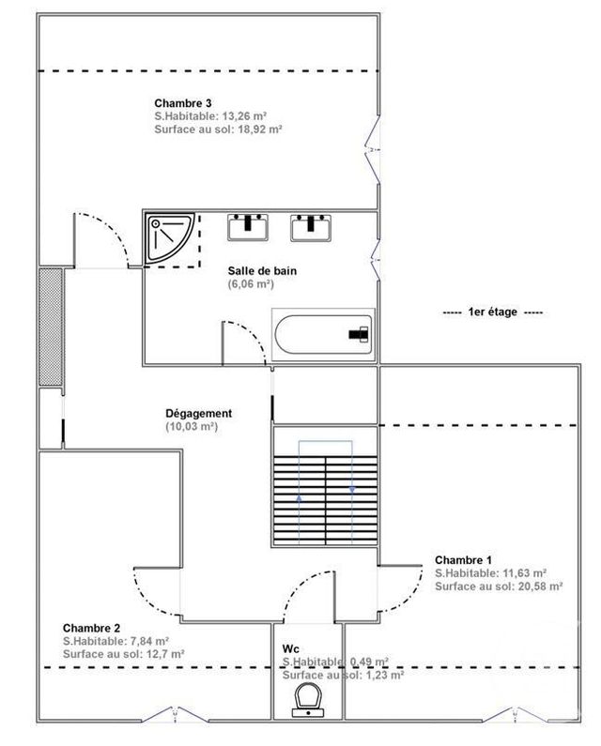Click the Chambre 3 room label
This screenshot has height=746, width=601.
pos(182,102)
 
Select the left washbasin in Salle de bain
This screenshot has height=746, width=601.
pos(248,226)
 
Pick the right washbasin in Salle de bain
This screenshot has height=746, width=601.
pos(311,226)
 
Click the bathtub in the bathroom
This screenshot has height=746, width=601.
pos(322,333)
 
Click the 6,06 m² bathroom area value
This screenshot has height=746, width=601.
pos(250,282)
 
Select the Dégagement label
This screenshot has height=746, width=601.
pos(198,413)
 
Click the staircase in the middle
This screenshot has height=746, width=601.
pos(325,489)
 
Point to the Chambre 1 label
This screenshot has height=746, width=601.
pos(463,559)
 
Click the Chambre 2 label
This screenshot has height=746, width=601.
pos(91,627)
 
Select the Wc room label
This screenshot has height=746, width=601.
pos(290,648)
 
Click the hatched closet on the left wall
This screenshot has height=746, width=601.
pos(50,326)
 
